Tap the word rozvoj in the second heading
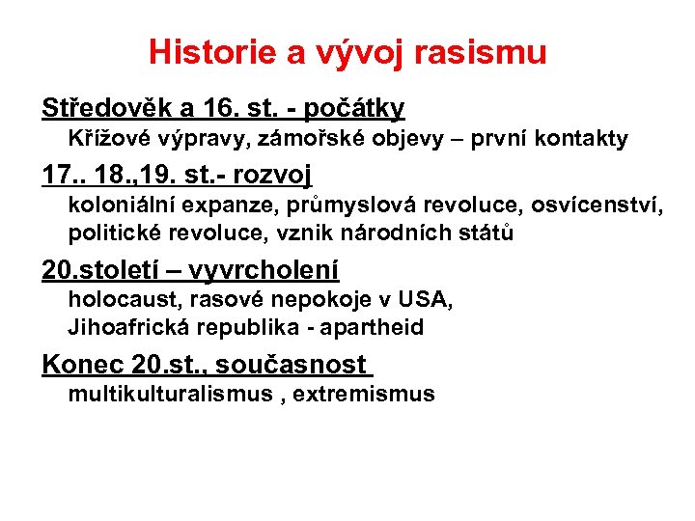coord(271,176)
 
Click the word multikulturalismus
coord(170,394)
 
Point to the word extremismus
coord(364,394)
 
